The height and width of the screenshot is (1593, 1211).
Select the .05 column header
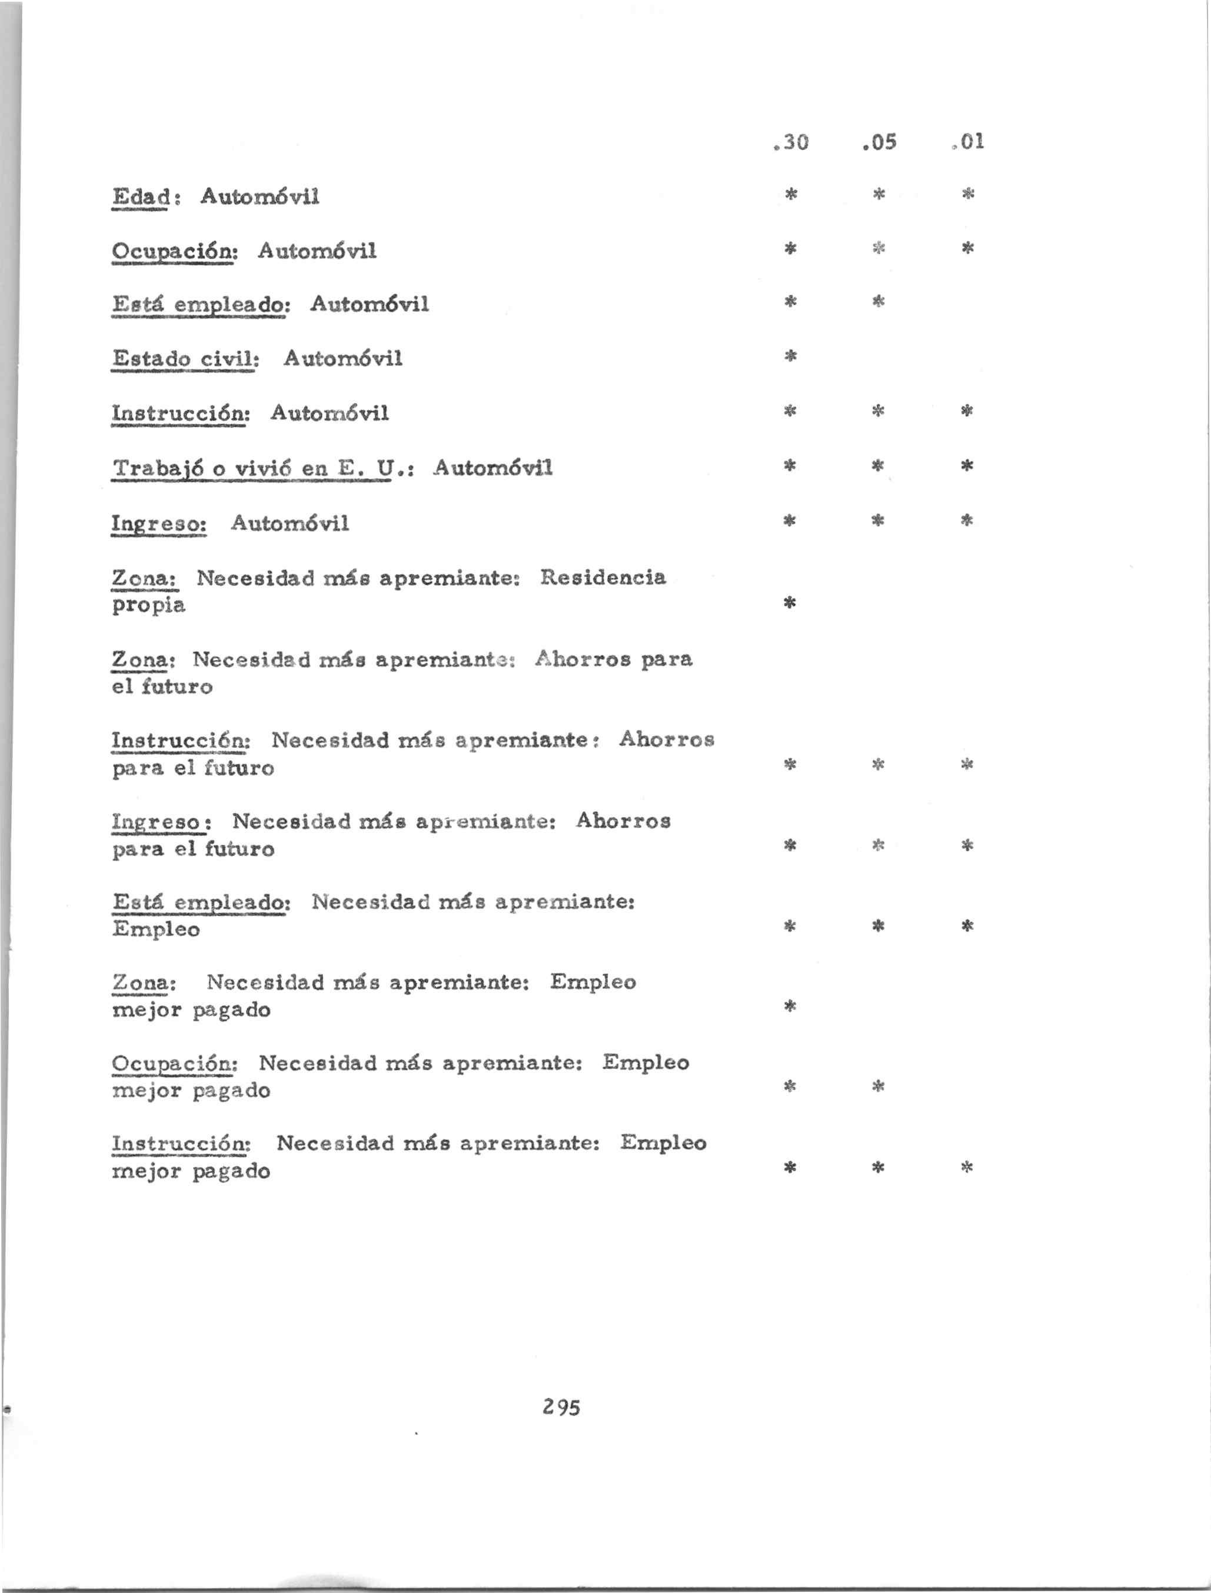(879, 142)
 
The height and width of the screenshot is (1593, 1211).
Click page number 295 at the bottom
(561, 1407)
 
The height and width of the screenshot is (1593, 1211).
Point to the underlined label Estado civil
(185, 358)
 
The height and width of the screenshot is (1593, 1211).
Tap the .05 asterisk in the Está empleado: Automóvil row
(878, 301)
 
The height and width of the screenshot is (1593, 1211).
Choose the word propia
(148, 605)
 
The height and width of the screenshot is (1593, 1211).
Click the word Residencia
(603, 578)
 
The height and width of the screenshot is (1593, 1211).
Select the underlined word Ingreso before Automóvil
(159, 524)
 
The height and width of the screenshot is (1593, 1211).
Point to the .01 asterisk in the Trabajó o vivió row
(967, 466)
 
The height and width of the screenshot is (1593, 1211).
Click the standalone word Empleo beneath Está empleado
(157, 929)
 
